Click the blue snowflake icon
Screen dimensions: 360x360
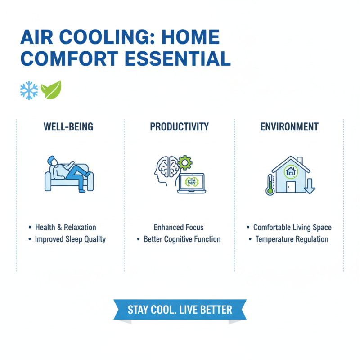click(29, 90)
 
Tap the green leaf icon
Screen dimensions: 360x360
click(51, 90)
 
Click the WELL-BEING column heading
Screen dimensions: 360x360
click(68, 127)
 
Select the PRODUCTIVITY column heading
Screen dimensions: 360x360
click(180, 127)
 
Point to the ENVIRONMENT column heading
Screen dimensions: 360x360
click(290, 127)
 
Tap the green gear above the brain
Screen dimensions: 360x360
click(184, 162)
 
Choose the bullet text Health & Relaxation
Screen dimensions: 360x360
click(66, 227)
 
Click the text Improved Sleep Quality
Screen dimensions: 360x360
click(70, 239)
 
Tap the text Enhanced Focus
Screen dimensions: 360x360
click(179, 227)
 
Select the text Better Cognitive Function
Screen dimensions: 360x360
click(182, 239)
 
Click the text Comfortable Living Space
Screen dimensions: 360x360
click(292, 227)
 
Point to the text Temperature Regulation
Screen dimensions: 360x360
click(292, 239)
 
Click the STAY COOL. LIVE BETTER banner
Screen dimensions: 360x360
click(180, 310)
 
